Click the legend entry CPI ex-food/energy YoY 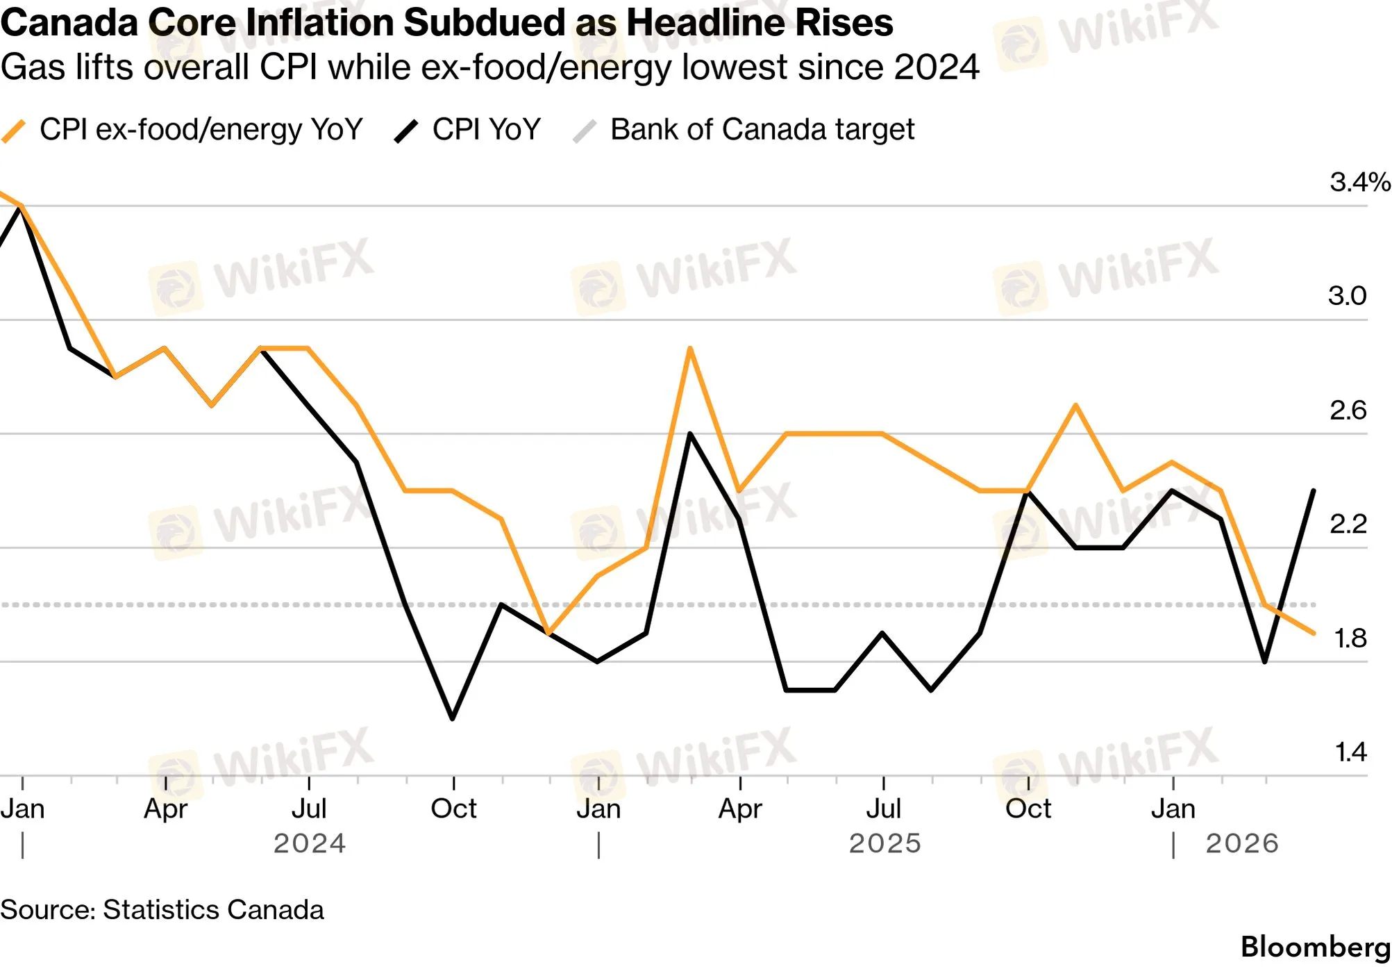[x=182, y=130]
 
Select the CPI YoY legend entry [x=467, y=130]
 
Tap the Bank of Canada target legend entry [x=743, y=130]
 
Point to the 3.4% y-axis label [x=1359, y=182]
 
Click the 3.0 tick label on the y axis [x=1348, y=296]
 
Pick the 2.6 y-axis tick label [x=1348, y=411]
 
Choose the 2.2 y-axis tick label [x=1348, y=524]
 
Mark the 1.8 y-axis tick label [x=1350, y=638]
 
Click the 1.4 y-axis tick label [x=1350, y=752]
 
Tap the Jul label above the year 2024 [x=309, y=809]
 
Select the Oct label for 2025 [x=1028, y=809]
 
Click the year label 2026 [x=1242, y=844]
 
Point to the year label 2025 [x=885, y=844]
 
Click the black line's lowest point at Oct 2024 [x=453, y=718]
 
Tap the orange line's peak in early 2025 [x=690, y=348]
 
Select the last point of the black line [x=1314, y=491]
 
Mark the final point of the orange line [x=1314, y=633]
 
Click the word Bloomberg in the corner [x=1316, y=948]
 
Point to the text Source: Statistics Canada [x=162, y=910]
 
